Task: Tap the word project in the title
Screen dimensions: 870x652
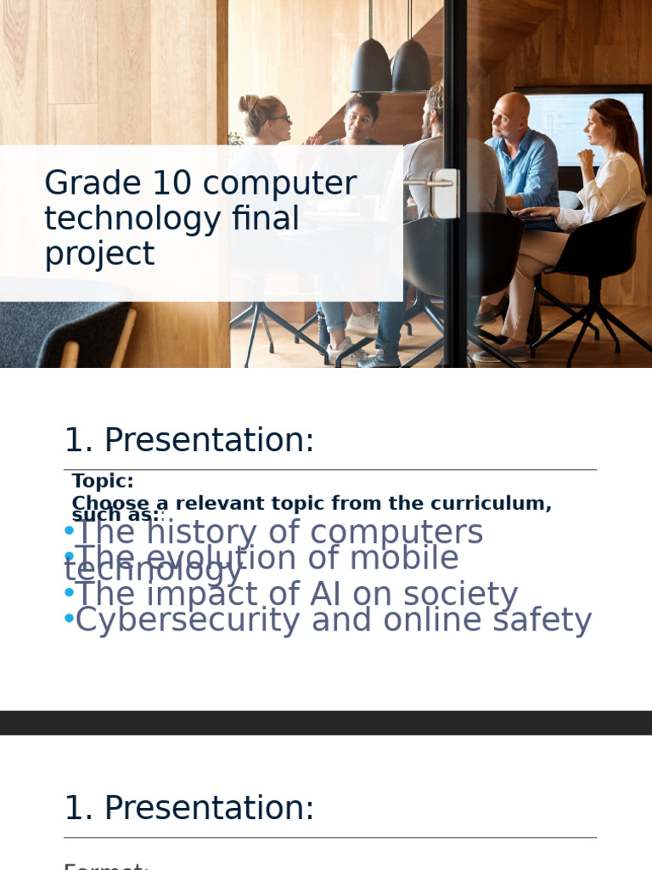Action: tap(98, 255)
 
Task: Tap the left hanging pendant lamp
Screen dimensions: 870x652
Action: tap(371, 65)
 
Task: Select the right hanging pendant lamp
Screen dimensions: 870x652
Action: tap(411, 65)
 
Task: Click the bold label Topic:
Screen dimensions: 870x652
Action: tap(103, 481)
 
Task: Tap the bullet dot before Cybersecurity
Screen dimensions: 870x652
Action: tap(69, 619)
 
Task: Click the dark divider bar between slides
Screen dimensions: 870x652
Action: tap(326, 722)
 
